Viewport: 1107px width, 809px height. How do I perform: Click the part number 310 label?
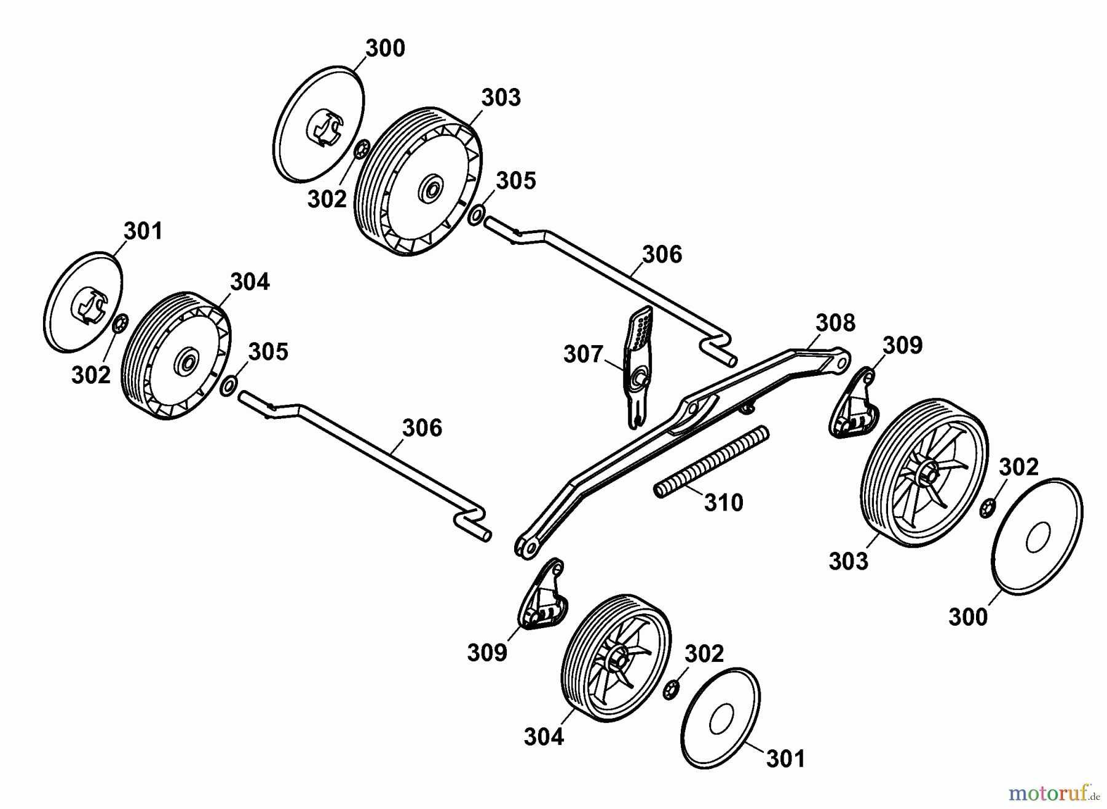[x=723, y=503]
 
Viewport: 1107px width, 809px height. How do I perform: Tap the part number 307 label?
[x=583, y=354]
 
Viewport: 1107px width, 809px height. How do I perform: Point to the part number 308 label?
[x=835, y=322]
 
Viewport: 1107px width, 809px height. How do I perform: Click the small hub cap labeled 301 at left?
[x=84, y=302]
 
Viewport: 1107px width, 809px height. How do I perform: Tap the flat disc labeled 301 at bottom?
[x=721, y=718]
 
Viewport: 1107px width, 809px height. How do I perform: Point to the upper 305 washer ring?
[x=475, y=216]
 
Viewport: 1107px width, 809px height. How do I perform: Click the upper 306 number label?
[x=662, y=255]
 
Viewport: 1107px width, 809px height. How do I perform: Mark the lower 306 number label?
[x=422, y=428]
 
